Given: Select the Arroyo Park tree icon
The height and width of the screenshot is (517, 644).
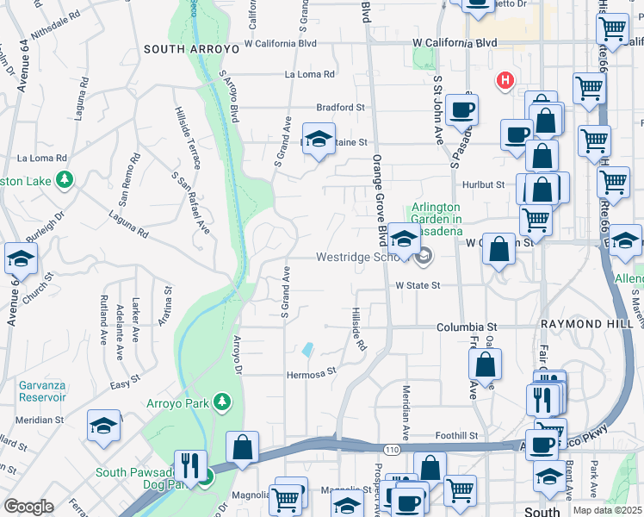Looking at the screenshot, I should click(222, 402).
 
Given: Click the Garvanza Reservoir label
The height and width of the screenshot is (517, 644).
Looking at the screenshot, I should click(33, 390).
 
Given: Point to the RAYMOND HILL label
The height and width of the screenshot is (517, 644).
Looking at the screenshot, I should click(580, 324).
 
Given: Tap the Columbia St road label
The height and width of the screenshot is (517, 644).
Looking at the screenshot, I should click(468, 327).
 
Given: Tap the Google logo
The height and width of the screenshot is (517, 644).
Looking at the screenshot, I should click(28, 507).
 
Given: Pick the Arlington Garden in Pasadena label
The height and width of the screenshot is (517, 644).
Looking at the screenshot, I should click(436, 220).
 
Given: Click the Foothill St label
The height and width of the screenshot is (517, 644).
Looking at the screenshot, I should click(456, 436).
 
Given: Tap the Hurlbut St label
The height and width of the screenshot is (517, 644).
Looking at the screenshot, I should click(482, 185).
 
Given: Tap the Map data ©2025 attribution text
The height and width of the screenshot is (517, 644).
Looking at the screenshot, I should click(607, 510).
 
